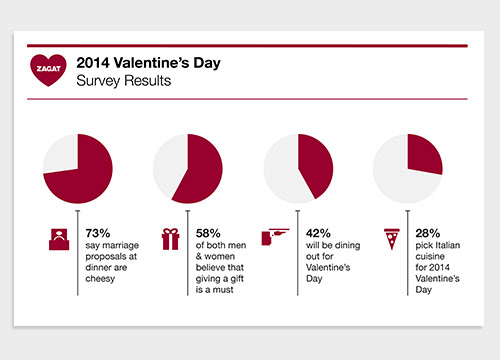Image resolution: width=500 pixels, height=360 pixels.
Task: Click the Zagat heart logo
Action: point(48,70)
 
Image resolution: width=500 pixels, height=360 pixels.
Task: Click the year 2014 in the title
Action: point(93,63)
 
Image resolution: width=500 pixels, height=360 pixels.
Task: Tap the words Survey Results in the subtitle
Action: point(124,81)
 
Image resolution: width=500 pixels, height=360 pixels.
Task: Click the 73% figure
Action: point(98,233)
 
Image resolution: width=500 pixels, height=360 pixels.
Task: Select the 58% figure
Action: point(208,233)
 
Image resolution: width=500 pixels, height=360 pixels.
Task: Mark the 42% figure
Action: point(318,233)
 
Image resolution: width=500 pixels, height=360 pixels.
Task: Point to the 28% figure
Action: point(428,233)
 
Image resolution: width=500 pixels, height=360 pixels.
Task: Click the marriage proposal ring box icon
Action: point(59,239)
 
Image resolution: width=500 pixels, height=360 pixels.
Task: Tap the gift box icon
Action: point(170,239)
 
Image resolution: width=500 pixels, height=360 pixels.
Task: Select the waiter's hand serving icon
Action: point(275,236)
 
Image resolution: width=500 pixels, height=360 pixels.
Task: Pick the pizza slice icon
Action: point(392,239)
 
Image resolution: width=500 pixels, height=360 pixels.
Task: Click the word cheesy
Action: point(100,279)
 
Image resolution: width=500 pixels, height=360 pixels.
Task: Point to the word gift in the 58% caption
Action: point(237,279)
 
